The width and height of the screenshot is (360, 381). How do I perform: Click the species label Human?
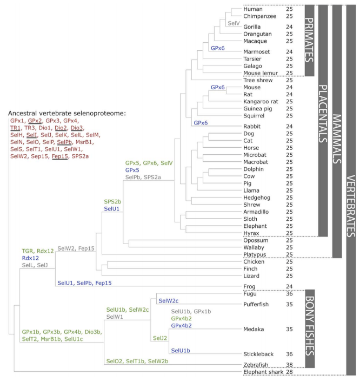point(253,9)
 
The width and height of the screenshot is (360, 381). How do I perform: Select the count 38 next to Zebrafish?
point(289,365)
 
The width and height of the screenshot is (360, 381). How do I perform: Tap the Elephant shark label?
point(263,372)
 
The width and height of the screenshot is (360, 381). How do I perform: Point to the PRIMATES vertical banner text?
point(309,40)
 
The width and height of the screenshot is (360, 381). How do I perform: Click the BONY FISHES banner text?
point(310,326)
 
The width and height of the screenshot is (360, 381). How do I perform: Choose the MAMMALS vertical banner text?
point(337,139)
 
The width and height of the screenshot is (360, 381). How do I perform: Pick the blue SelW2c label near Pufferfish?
point(169,301)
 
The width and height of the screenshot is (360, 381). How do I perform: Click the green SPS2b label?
point(112,202)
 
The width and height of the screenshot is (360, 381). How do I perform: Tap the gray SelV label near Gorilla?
point(234,23)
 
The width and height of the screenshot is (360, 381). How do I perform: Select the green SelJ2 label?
point(160,338)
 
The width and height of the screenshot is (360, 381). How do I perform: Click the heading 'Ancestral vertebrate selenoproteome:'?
point(67,114)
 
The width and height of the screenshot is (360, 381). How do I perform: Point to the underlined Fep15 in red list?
point(59,156)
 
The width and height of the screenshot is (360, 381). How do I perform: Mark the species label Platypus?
point(255,255)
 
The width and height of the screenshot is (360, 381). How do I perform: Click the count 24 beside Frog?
point(289,287)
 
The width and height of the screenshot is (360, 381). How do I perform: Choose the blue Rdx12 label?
point(30,258)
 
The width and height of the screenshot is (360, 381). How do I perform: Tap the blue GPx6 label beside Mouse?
point(217,87)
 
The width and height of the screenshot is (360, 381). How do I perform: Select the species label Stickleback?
point(258,354)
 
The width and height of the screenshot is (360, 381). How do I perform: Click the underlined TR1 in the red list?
point(15,128)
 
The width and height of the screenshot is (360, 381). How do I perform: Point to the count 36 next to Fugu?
point(289,294)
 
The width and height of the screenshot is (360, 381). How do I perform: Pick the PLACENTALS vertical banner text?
point(323,114)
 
